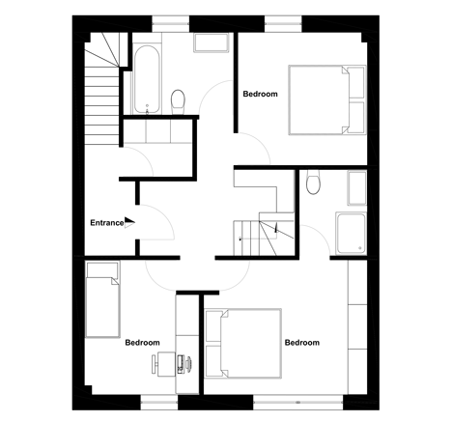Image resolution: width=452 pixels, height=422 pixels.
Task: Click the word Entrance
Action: click(x=106, y=223)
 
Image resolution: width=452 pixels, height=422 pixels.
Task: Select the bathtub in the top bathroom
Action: click(x=147, y=79)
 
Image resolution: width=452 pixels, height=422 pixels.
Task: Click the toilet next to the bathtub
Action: click(x=178, y=101)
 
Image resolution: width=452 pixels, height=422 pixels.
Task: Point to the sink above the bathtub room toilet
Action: click(x=212, y=42)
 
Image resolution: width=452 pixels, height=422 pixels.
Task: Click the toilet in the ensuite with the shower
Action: click(x=313, y=183)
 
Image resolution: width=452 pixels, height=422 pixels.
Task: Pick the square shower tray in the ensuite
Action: click(x=351, y=233)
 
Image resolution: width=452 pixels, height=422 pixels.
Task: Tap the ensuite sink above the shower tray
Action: click(x=356, y=188)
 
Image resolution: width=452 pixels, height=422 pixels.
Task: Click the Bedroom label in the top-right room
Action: click(x=260, y=94)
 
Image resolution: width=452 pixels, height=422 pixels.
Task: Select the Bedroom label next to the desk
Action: click(x=142, y=343)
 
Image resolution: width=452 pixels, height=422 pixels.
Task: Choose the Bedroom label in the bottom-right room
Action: click(x=302, y=343)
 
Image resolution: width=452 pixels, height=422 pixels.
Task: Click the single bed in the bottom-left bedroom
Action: click(x=102, y=299)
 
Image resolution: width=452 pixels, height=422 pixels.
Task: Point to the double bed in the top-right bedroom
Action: click(x=327, y=99)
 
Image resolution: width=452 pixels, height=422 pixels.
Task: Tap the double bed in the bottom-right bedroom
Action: click(x=243, y=343)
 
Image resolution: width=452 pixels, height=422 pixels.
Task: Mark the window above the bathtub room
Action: click(x=171, y=23)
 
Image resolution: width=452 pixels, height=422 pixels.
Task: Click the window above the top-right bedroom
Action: click(x=283, y=23)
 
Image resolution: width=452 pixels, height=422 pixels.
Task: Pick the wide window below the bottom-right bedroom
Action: click(x=298, y=403)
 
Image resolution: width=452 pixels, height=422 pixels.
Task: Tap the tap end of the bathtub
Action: click(x=147, y=109)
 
